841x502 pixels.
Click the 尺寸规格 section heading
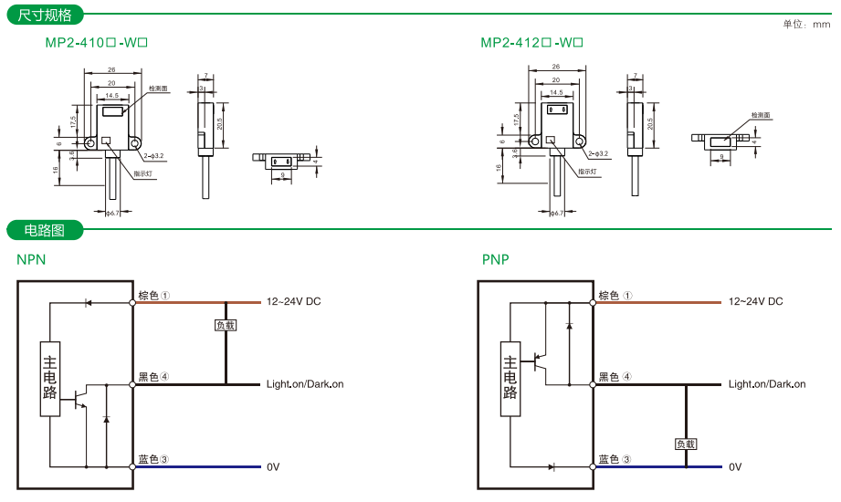pyautogui.click(x=45, y=15)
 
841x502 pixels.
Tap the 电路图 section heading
pyautogui.click(x=45, y=230)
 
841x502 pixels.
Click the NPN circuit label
pyautogui.click(x=31, y=259)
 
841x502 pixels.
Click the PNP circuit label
pyautogui.click(x=496, y=259)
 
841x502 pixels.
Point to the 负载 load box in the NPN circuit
pyautogui.click(x=225, y=324)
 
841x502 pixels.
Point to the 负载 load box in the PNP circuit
pyautogui.click(x=686, y=444)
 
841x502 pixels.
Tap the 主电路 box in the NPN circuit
pyautogui.click(x=51, y=378)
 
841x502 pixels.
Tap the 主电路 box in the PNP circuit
pyautogui.click(x=511, y=378)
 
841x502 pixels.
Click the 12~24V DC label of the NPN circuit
pyautogui.click(x=293, y=301)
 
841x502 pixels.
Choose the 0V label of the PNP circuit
pyautogui.click(x=735, y=466)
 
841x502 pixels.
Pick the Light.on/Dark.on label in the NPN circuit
pyautogui.click(x=305, y=384)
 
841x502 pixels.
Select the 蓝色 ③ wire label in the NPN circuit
pyautogui.click(x=153, y=459)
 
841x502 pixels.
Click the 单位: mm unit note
pyautogui.click(x=806, y=25)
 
